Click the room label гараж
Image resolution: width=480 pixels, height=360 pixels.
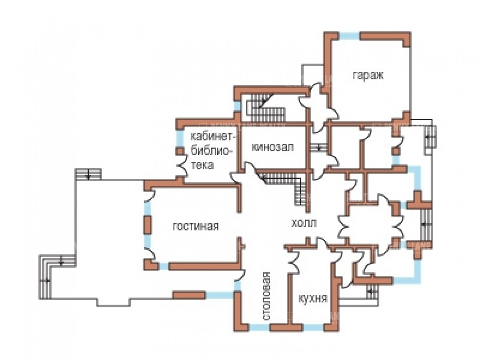[368, 75]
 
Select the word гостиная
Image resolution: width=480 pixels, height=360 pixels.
[195, 226]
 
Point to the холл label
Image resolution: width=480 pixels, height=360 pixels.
[303, 223]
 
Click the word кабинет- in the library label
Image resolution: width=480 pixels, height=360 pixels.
[213, 137]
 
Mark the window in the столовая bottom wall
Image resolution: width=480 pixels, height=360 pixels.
[260, 327]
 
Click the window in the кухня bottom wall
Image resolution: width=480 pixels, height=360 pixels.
[312, 327]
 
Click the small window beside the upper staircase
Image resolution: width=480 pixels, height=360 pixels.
[237, 106]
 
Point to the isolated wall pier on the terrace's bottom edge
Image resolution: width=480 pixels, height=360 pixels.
[189, 294]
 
